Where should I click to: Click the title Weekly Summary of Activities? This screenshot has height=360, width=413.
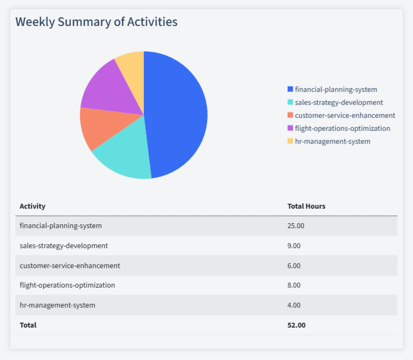point(96,22)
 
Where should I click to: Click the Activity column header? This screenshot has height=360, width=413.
point(32,206)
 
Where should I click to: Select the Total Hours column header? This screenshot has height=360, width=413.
point(306,206)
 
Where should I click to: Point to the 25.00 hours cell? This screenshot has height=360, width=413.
point(296,225)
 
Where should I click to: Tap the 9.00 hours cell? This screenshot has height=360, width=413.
point(294,245)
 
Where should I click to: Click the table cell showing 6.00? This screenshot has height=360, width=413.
point(294,265)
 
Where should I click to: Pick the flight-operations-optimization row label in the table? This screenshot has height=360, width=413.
point(67,285)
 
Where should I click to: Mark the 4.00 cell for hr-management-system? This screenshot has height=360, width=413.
point(294,305)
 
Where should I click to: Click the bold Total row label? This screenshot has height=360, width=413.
point(28,325)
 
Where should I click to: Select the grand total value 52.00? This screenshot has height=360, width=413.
point(296,325)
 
